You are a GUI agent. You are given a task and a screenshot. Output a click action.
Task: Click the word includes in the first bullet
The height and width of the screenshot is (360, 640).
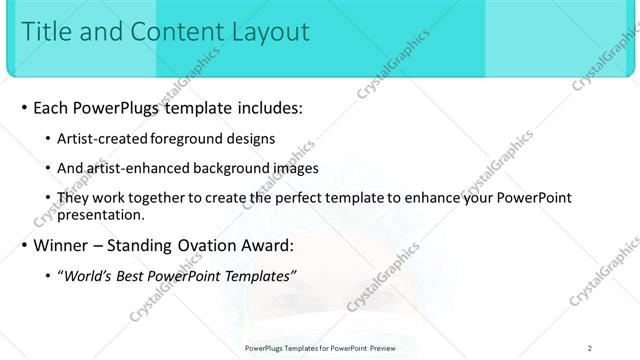coord(264,107)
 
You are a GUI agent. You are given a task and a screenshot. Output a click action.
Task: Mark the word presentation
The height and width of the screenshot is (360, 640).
coord(103,214)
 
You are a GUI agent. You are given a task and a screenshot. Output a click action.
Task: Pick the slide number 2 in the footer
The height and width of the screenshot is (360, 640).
coord(590,348)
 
